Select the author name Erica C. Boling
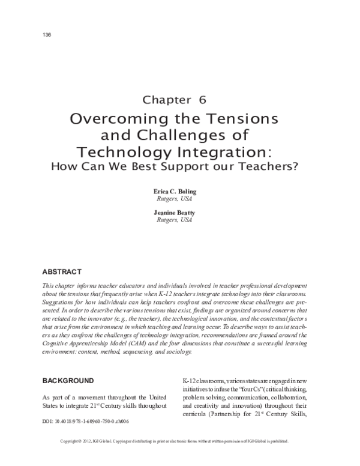(180, 192)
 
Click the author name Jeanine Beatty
(180, 212)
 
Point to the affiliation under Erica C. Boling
(180, 199)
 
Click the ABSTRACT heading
(62, 271)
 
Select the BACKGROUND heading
(68, 381)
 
